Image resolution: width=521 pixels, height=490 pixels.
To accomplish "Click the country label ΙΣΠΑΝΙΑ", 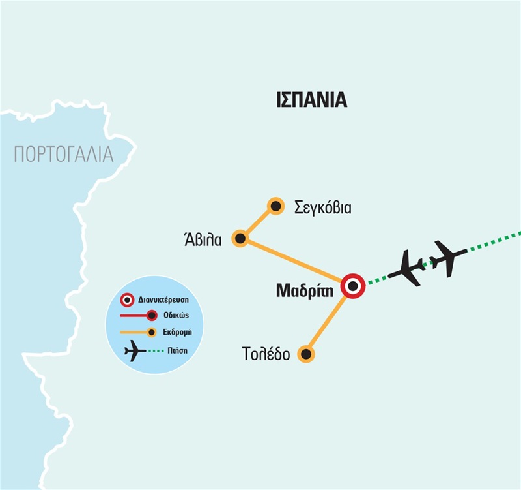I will click(311, 100).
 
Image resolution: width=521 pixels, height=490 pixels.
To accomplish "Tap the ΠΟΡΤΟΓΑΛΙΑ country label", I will click(63, 155).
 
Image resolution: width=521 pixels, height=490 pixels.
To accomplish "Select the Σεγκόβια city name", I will click(322, 208).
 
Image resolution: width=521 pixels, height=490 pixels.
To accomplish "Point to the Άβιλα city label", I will click(203, 239).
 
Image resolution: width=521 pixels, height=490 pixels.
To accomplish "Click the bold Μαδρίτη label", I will click(305, 290).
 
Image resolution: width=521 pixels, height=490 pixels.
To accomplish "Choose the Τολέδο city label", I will click(266, 355).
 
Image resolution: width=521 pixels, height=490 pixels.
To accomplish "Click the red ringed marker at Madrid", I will click(353, 286).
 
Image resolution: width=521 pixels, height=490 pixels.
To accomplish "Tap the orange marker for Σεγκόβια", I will click(276, 206).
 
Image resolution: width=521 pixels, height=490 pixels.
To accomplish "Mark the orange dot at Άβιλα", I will click(240, 239).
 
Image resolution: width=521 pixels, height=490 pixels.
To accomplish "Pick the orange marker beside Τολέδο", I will click(305, 354).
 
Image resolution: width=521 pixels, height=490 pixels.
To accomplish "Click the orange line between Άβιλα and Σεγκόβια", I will click(259, 222).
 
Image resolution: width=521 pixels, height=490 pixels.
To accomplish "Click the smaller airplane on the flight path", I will click(449, 256).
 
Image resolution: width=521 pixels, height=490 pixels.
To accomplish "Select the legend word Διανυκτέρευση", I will click(164, 301).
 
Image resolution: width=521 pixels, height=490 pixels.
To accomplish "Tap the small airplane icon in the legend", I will click(134, 351).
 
